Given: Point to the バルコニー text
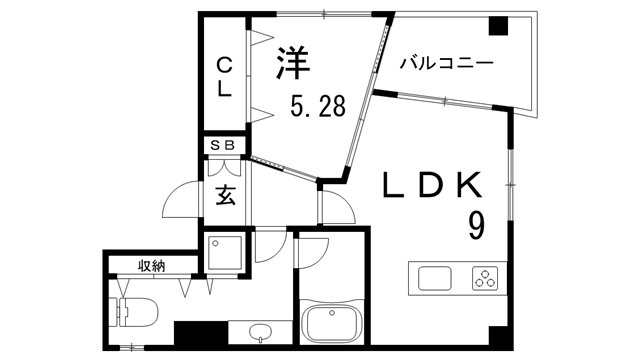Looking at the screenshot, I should pyautogui.click(x=445, y=64).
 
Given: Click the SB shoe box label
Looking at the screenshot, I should pyautogui.click(x=223, y=146).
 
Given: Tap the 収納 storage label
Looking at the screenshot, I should pyautogui.click(x=152, y=265).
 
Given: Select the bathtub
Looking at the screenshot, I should pyautogui.click(x=334, y=324).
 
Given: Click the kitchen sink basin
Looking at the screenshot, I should pyautogui.click(x=436, y=277).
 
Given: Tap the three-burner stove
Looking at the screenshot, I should pyautogui.click(x=486, y=278).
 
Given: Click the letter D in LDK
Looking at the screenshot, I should pyautogui.click(x=431, y=186).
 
